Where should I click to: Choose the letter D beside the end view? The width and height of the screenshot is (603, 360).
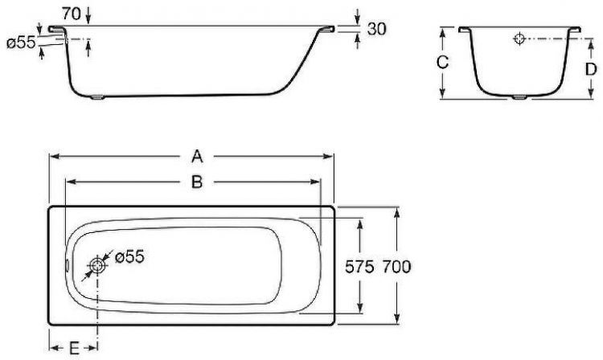[x=590, y=69]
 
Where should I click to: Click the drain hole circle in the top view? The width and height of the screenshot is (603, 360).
[x=98, y=266]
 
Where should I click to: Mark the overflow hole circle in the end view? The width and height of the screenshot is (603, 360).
[x=519, y=38]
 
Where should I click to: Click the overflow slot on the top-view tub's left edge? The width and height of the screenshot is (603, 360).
[x=66, y=266]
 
